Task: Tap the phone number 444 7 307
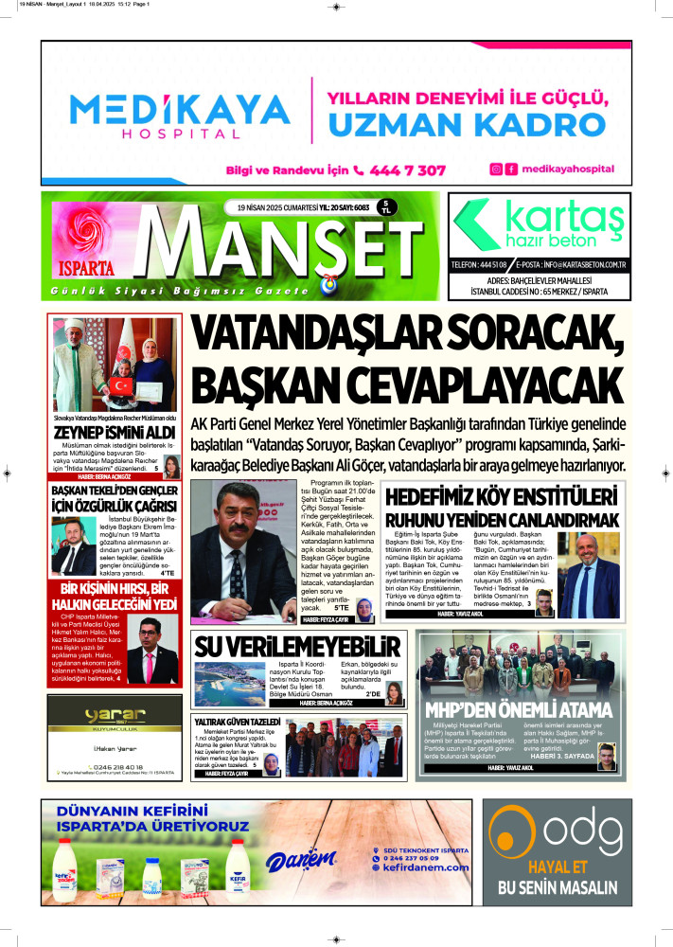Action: [x=398, y=170]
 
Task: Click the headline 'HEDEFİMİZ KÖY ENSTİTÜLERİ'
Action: [x=508, y=497]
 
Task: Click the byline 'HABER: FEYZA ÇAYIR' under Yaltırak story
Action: [x=227, y=775]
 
